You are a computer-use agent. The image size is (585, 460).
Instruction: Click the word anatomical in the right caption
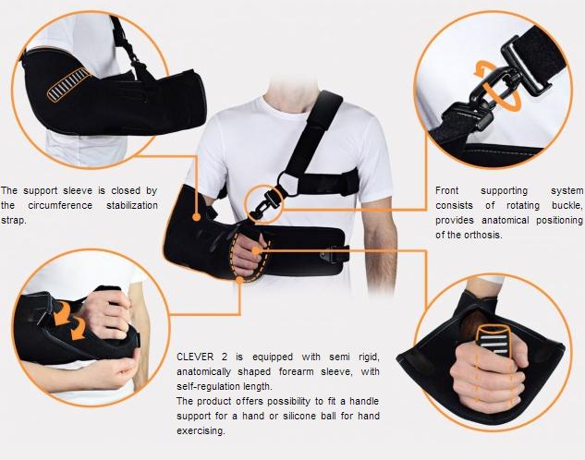pos(494,220)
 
